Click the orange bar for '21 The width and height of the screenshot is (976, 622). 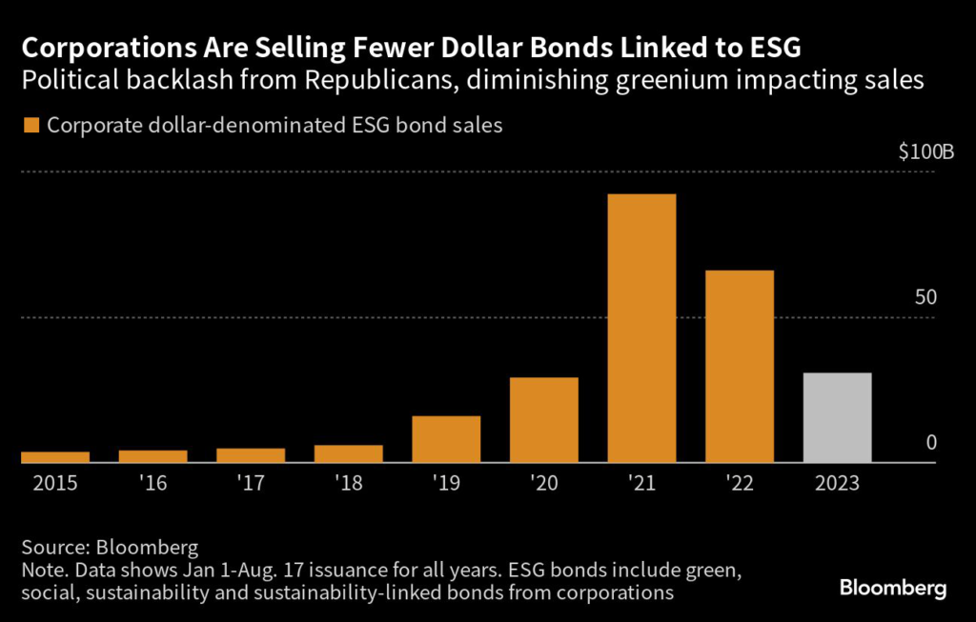pos(641,329)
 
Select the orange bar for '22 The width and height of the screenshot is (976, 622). pos(740,367)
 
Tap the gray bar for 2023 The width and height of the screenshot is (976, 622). pos(837,417)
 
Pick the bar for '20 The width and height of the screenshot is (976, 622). pos(543,420)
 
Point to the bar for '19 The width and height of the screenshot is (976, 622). pos(446,439)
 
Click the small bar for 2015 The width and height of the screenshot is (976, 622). pos(54,457)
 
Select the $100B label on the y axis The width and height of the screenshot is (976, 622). pos(918,152)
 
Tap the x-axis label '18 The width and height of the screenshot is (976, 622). pos(348,483)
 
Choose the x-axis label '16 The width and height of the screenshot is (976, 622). pos(152,483)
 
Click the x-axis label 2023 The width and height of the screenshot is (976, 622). pos(837,483)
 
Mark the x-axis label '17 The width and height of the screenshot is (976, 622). pos(250,483)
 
